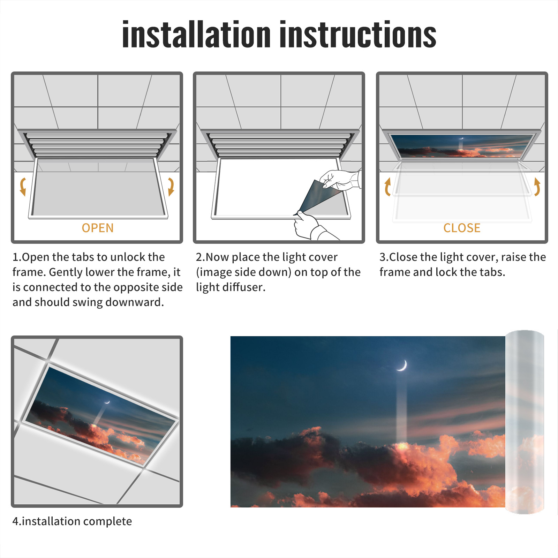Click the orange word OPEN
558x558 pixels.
pos(98,228)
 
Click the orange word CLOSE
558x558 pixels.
pos(462,228)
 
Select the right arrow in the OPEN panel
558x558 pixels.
pos(171,187)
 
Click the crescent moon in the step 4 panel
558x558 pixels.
pos(107,402)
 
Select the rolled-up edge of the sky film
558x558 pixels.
pos(525,422)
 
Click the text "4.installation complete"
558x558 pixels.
pos(72,521)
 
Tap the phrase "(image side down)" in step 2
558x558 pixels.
pos(243,272)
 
